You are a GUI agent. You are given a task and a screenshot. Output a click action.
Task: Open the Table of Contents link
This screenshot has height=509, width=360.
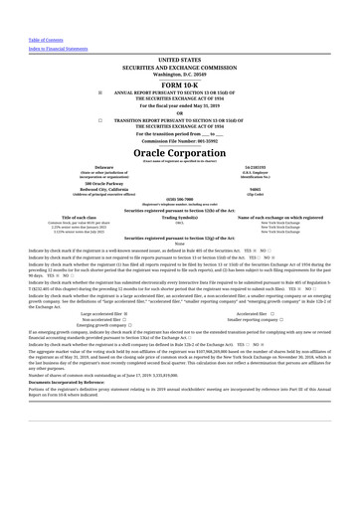pyautogui.click(x=46, y=40)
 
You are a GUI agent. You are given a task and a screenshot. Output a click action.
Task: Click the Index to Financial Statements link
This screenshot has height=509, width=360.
pyautogui.click(x=58, y=48)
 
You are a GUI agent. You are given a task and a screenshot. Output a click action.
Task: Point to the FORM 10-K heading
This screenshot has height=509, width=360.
pyautogui.click(x=180, y=86)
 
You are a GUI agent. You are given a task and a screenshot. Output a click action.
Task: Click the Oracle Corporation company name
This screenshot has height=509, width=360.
pyautogui.click(x=180, y=153)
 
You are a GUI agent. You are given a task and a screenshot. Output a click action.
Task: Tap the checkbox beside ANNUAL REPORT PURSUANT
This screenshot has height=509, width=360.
pyautogui.click(x=100, y=93)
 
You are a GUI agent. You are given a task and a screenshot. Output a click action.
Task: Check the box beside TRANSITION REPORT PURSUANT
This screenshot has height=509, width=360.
pyautogui.click(x=100, y=120)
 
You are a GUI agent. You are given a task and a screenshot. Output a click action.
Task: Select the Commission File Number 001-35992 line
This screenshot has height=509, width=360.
pyautogui.click(x=180, y=141)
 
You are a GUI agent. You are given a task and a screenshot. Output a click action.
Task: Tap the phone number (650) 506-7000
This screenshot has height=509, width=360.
pyautogui.click(x=180, y=199)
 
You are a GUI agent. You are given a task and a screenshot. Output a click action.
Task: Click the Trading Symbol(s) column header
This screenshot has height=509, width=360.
pyautogui.click(x=180, y=217)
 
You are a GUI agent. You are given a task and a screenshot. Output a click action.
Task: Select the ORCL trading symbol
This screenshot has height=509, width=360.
pyautogui.click(x=180, y=223)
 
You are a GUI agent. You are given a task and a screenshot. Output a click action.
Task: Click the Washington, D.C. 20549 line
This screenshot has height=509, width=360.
pyautogui.click(x=180, y=74)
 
